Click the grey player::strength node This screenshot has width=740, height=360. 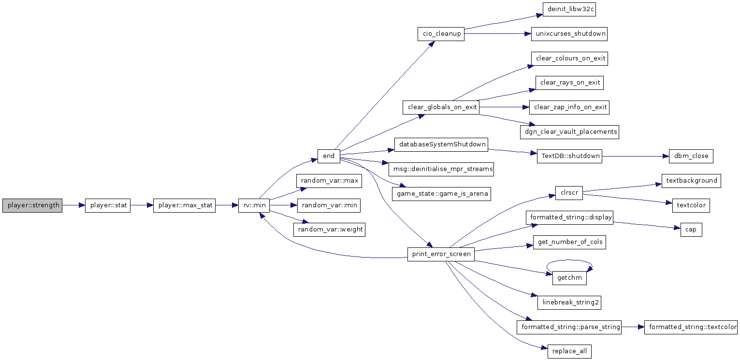click(32, 205)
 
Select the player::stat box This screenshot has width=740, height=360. click(108, 205)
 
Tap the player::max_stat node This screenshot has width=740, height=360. click(184, 205)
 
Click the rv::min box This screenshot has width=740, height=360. click(254, 205)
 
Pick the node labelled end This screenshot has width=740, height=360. click(329, 156)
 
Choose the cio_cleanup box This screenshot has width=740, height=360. click(441, 34)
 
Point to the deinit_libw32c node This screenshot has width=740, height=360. click(569, 9)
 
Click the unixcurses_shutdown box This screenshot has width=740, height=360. click(569, 34)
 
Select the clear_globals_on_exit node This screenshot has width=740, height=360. click(441, 107)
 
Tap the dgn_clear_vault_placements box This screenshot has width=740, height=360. click(569, 132)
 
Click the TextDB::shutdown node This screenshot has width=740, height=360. click(569, 156)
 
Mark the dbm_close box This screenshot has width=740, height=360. click(691, 156)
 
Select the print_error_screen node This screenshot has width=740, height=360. click(441, 254)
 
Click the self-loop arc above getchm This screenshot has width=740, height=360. click(569, 260)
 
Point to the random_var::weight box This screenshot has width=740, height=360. click(329, 230)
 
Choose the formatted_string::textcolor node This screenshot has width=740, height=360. click(691, 327)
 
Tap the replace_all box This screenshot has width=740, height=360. click(569, 351)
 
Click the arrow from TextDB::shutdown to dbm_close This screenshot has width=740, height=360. click(636, 156)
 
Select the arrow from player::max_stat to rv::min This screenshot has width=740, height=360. click(227, 205)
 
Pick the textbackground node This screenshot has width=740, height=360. click(691, 181)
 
